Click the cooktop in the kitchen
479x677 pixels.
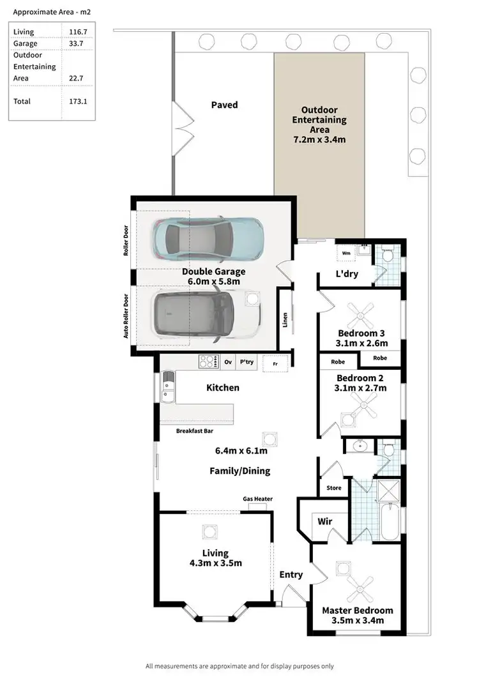pyautogui.click(x=208, y=361)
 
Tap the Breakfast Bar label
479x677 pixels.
pyautogui.click(x=194, y=431)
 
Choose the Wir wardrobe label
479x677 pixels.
pyautogui.click(x=324, y=521)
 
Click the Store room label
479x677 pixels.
pyautogui.click(x=333, y=488)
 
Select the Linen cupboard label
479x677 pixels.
pyautogui.click(x=284, y=319)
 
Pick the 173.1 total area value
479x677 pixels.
pyautogui.click(x=78, y=101)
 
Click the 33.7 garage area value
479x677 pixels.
pyautogui.click(x=78, y=43)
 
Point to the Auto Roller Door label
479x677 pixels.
pyautogui.click(x=126, y=316)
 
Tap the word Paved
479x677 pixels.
pyautogui.click(x=224, y=105)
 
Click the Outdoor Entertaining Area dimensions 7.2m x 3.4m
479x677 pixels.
pyautogui.click(x=319, y=139)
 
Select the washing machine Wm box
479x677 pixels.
pyautogui.click(x=347, y=253)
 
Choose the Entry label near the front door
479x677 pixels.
pyautogui.click(x=291, y=575)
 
